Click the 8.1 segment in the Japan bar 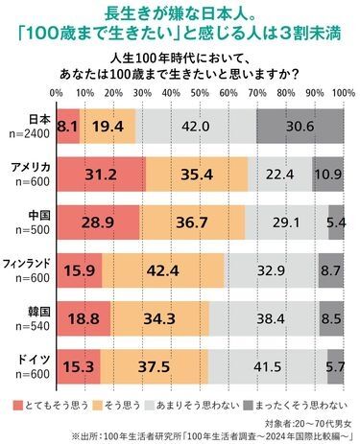pos(67,126)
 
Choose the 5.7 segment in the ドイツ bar pos(335,368)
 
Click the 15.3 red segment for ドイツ pos(78,368)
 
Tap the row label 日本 pos(38,119)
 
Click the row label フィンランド pos(29,265)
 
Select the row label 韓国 pos(38,313)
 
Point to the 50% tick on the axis pos(200,93)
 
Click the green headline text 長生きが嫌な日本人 pos(180,13)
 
